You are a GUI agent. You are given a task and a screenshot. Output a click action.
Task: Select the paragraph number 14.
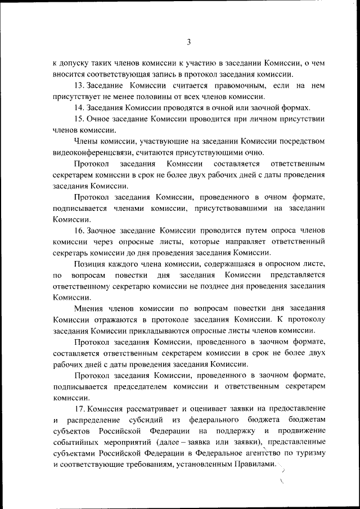pyautogui.click(x=79, y=107)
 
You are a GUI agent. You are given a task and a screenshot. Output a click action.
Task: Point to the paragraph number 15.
pyautogui.click(x=79, y=119)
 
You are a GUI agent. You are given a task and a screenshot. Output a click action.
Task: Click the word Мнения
pyautogui.click(x=88, y=309)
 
